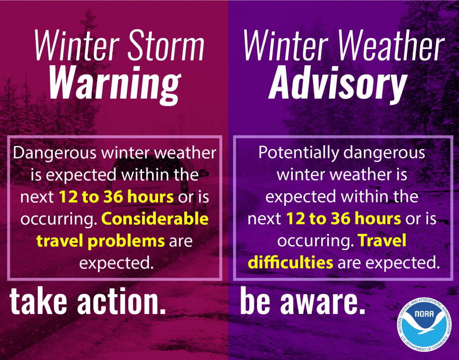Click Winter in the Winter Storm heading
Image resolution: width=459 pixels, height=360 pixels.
73,46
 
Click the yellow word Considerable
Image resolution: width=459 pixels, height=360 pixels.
155,219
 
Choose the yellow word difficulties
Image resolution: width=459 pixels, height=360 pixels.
291,262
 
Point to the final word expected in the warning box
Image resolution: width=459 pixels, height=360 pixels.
116,262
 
